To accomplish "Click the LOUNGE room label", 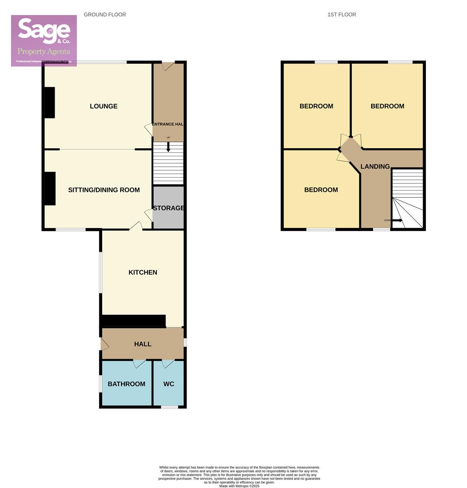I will [104, 106].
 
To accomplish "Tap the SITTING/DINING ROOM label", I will [104, 190].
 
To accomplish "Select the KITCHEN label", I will [143, 272].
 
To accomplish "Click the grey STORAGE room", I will [168, 208].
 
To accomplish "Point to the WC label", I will [169, 384].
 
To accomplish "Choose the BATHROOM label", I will [127, 384].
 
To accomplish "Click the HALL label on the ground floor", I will [143, 344].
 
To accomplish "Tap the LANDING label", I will [375, 166].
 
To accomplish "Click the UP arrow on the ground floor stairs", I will [168, 147].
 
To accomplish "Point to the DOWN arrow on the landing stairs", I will [397, 221].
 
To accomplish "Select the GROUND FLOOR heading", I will [105, 14].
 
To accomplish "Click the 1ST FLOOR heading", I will [342, 14].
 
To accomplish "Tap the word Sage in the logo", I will [44, 31].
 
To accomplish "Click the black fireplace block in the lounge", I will [50, 103].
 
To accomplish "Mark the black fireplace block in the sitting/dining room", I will [50, 188].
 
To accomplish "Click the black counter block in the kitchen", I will [133, 320].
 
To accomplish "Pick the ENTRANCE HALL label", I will [167, 124].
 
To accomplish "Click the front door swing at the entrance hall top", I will [168, 66].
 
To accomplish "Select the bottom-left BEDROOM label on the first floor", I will [321, 190].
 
